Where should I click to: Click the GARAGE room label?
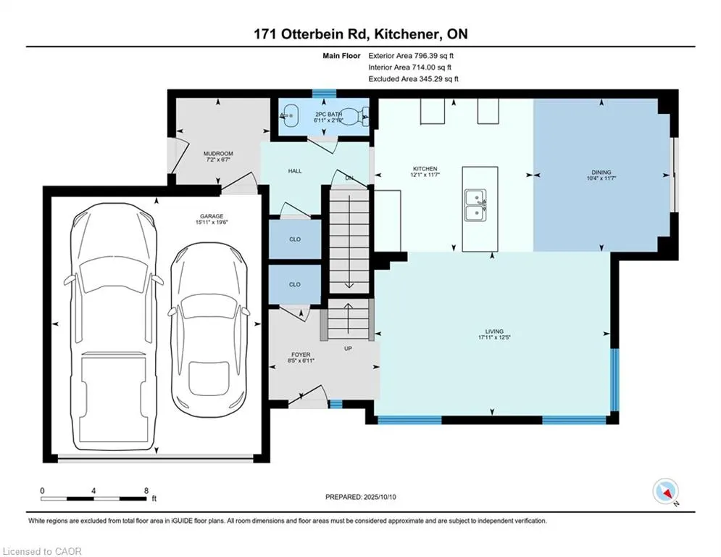click(x=212, y=216)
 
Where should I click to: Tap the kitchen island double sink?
click(x=475, y=205)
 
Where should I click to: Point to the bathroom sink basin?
click(x=289, y=116)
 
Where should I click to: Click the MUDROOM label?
click(x=218, y=153)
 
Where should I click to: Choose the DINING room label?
click(x=601, y=172)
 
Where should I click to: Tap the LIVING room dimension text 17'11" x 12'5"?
click(x=494, y=337)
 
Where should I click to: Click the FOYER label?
click(x=301, y=355)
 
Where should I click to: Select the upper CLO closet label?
click(x=295, y=239)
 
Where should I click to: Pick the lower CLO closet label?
click(x=295, y=284)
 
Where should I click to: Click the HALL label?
click(x=295, y=170)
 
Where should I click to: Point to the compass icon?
click(x=666, y=491)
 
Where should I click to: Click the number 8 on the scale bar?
click(x=146, y=491)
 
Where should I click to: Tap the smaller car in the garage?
click(x=209, y=328)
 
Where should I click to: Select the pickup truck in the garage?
click(x=114, y=327)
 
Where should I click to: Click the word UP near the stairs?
click(x=348, y=348)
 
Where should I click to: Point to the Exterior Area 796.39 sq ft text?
click(x=411, y=56)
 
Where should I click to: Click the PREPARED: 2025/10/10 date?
click(x=361, y=497)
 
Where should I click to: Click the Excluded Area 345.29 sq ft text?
click(x=413, y=79)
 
